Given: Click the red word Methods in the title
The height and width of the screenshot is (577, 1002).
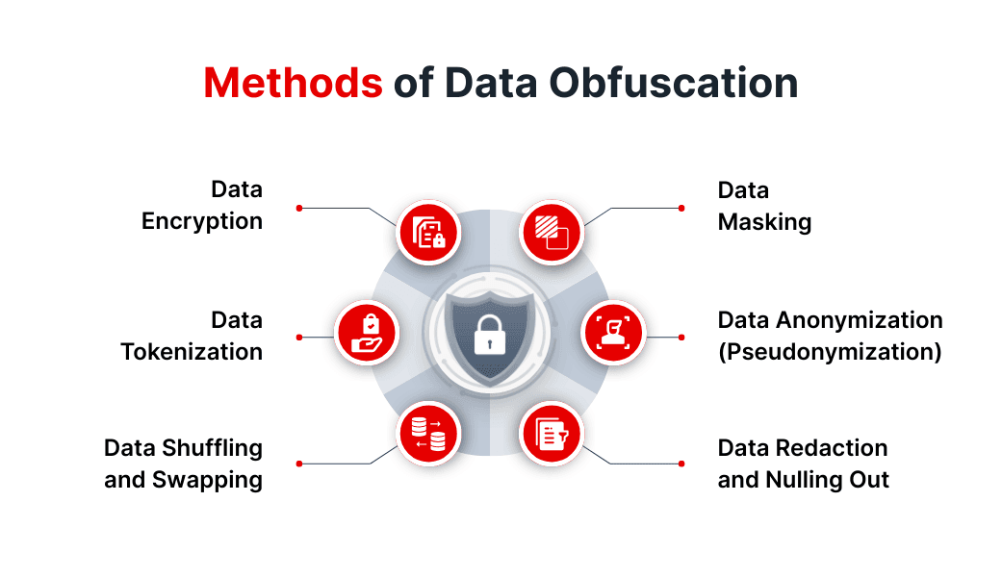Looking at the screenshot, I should point(293,84).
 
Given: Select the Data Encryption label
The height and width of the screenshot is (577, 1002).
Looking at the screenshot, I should point(202,206).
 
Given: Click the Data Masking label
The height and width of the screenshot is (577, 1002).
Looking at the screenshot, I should point(764,206).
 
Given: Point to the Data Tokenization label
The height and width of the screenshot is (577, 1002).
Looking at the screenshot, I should point(192,336).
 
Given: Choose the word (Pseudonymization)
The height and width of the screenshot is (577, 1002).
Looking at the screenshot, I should point(829,352).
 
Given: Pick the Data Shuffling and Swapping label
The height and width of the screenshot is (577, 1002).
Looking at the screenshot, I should point(183,464).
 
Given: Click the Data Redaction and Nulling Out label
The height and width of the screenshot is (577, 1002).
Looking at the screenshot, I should point(803,464).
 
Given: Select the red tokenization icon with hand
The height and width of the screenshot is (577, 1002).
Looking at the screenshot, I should point(366,333).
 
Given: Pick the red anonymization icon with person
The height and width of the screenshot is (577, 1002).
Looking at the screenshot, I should point(614,333).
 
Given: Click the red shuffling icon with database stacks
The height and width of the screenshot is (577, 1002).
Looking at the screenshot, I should point(428,434).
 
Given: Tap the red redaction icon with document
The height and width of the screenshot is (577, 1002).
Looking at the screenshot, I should point(552,434).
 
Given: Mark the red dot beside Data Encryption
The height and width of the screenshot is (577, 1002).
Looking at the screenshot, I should point(299,208).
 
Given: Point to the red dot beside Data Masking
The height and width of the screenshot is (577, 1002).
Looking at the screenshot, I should point(681,208).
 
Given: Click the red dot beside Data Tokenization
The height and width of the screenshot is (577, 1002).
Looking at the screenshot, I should point(299,337).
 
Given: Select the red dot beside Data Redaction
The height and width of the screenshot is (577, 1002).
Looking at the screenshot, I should point(681,464).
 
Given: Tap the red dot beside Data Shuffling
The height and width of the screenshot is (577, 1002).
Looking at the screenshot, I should point(299,464).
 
